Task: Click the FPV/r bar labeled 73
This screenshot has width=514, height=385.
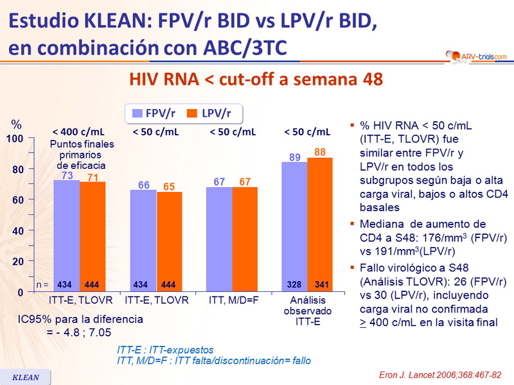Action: click(66, 234)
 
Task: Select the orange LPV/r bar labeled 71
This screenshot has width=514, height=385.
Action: click(93, 236)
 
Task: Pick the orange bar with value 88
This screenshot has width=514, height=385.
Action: click(319, 223)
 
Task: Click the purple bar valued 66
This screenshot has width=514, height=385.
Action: click(143, 241)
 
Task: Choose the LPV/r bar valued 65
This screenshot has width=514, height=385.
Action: click(170, 241)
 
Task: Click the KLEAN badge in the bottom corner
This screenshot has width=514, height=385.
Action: click(26, 377)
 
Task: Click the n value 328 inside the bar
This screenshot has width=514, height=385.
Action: click(294, 284)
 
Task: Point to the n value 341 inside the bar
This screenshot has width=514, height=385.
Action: click(320, 284)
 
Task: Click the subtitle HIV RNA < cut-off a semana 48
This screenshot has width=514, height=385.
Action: click(256, 79)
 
